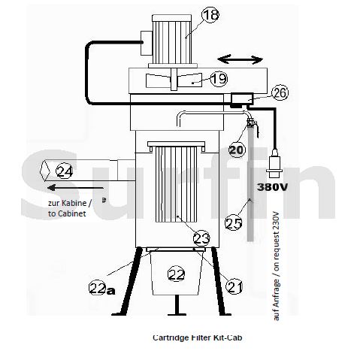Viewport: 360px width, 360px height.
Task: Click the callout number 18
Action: (x=210, y=14)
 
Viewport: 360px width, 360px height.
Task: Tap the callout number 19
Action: (x=219, y=79)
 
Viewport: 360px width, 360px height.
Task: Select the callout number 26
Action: (x=280, y=93)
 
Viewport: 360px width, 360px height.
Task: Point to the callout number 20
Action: (x=237, y=150)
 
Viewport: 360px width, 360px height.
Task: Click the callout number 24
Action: (x=64, y=171)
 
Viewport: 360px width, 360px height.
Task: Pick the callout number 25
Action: (x=234, y=223)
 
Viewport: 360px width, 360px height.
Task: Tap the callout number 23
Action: (x=201, y=238)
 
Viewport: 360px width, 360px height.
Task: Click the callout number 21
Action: (x=234, y=286)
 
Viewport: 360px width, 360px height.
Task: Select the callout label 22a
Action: (x=102, y=289)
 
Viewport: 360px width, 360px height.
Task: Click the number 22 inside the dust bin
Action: (x=177, y=274)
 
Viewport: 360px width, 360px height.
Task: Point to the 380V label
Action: (x=272, y=187)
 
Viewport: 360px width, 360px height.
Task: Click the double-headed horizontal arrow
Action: (x=240, y=60)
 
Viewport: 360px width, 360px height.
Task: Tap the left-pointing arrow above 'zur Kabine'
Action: (x=75, y=187)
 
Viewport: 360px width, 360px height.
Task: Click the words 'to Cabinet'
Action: (x=67, y=213)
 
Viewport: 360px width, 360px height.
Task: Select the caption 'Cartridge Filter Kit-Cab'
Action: (x=198, y=337)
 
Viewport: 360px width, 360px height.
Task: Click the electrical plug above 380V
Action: (x=274, y=162)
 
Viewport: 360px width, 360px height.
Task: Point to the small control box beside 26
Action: (x=242, y=98)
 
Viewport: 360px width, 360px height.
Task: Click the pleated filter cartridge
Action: (x=177, y=182)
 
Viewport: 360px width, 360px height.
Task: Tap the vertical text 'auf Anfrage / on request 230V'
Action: (x=276, y=266)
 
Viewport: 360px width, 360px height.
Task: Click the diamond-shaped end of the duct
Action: (x=45, y=171)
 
